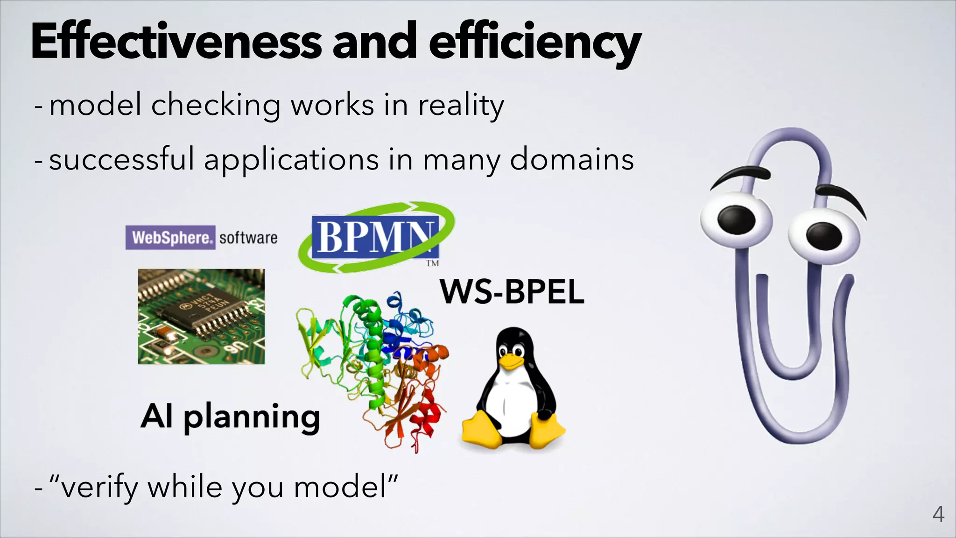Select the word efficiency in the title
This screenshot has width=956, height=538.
point(535,43)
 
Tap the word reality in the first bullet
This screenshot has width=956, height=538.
point(461,106)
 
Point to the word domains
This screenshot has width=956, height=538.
point(572,160)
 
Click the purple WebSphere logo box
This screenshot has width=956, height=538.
point(170,238)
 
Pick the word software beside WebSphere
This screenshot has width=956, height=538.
point(248,238)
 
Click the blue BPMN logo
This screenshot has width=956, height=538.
point(375,237)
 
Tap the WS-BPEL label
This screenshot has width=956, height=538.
point(512,292)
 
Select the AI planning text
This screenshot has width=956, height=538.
point(230,417)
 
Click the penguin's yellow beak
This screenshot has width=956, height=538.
point(512,361)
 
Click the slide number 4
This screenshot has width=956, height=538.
point(938,514)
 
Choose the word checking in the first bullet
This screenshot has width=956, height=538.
point(215,106)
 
